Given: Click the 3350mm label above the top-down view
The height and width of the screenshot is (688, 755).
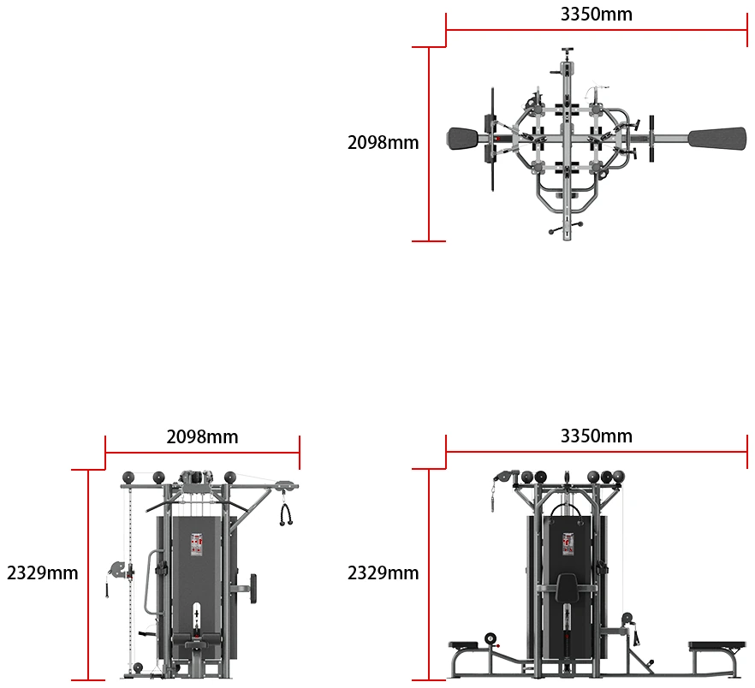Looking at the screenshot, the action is pyautogui.click(x=596, y=15).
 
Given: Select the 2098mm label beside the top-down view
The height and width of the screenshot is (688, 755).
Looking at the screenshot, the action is pyautogui.click(x=383, y=143).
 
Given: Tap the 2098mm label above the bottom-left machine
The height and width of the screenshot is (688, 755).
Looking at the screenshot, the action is pyautogui.click(x=202, y=437).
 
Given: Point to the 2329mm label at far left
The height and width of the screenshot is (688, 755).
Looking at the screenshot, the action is pyautogui.click(x=43, y=573).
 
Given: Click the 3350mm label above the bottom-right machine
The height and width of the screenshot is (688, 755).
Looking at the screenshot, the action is pyautogui.click(x=596, y=436).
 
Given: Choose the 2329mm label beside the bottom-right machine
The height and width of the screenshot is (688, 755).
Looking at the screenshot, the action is pyautogui.click(x=383, y=573).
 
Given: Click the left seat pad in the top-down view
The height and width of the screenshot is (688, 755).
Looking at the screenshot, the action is pyautogui.click(x=463, y=139).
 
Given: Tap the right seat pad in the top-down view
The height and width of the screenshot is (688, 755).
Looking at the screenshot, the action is pyautogui.click(x=717, y=139).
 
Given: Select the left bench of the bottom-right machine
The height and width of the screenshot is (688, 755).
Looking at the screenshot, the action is pyautogui.click(x=463, y=645).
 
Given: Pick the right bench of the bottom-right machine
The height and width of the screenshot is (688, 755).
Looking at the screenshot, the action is pyautogui.click(x=717, y=645).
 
